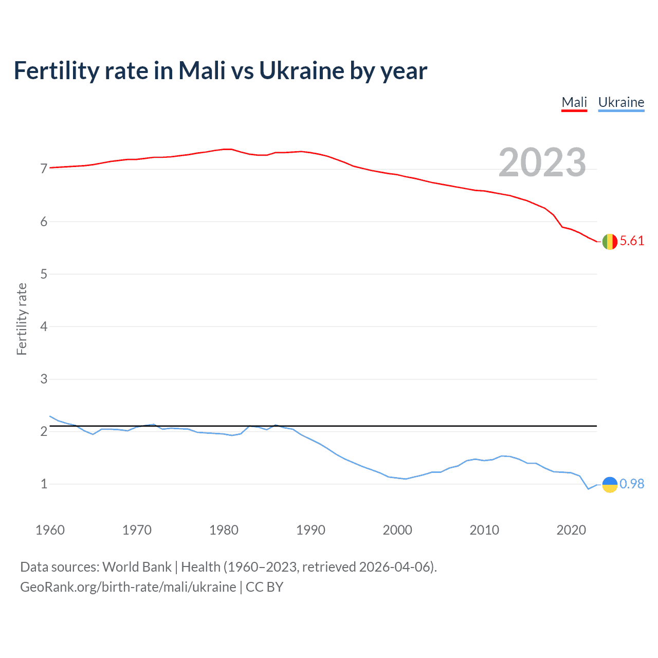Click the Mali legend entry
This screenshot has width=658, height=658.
574,102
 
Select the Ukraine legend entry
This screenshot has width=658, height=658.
621,102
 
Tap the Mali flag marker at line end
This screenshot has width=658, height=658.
610,241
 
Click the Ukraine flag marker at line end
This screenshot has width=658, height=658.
610,484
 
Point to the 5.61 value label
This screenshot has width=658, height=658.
632,241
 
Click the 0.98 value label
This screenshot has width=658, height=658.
632,484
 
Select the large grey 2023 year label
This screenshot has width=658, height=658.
542,162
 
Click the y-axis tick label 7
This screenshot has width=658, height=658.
44,169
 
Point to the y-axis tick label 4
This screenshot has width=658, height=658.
44,326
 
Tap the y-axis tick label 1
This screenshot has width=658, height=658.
44,484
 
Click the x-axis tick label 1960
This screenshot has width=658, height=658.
50,530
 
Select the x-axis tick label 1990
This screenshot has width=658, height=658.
310,530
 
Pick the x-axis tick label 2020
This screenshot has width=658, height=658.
571,530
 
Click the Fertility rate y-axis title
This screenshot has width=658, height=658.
22,319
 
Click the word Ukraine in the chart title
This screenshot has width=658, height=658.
301,71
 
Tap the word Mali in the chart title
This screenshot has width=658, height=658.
202,71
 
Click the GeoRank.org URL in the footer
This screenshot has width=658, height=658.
128,587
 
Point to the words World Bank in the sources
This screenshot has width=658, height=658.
137,567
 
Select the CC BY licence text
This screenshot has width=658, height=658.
264,587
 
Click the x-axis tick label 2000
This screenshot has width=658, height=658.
397,530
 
